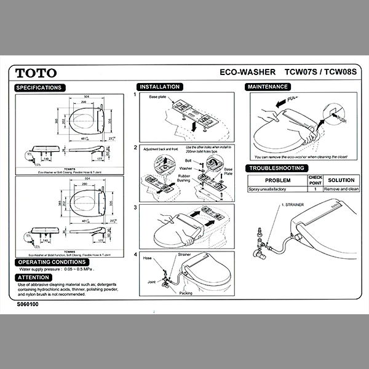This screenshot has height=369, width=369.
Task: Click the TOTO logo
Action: [x=36, y=73]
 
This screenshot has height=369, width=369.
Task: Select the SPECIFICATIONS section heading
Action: [x=39, y=88]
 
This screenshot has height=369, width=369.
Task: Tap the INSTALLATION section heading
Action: [x=159, y=87]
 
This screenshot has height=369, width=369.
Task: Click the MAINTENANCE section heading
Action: [x=268, y=87]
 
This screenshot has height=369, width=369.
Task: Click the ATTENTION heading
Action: [x=34, y=277]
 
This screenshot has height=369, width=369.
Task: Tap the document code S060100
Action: [x=28, y=304]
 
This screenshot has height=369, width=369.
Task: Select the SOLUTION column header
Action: [x=341, y=180]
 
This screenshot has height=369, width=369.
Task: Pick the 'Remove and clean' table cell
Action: [x=341, y=189]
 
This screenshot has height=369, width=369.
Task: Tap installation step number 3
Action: [x=136, y=208]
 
